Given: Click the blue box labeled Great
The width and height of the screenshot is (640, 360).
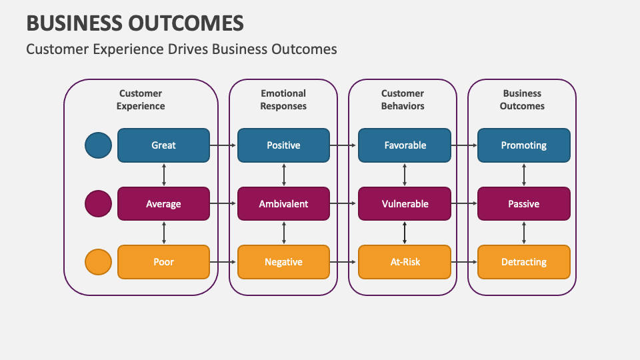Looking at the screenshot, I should [163, 145].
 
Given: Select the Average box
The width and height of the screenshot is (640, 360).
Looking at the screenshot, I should [163, 204].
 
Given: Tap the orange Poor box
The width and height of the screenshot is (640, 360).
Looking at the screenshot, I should [163, 262].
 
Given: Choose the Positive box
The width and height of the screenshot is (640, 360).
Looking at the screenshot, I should [283, 145].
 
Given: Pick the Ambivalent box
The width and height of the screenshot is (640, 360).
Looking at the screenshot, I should [283, 204].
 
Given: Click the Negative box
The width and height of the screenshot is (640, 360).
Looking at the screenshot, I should [283, 262].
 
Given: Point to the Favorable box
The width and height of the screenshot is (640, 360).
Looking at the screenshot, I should [405, 145].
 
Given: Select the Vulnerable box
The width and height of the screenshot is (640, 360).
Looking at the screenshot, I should [405, 204].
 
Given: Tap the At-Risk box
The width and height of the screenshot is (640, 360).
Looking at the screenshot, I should [405, 262].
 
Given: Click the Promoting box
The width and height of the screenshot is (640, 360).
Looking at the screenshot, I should [523, 145].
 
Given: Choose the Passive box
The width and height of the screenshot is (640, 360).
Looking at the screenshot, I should [523, 204].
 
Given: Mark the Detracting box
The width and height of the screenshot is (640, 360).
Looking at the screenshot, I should [523, 262].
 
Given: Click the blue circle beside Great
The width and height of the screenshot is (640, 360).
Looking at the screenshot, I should [99, 145].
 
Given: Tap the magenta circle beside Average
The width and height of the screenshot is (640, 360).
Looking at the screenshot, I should [99, 204].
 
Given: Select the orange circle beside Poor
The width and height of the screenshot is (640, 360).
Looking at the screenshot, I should [99, 262].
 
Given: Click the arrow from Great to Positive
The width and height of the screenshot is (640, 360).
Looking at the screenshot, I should [223, 145].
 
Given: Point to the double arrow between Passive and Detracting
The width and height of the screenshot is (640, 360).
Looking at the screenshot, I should [524, 233].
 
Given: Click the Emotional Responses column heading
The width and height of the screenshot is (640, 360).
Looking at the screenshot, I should [283, 99].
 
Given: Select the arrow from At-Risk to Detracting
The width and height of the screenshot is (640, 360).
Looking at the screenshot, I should [464, 262].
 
